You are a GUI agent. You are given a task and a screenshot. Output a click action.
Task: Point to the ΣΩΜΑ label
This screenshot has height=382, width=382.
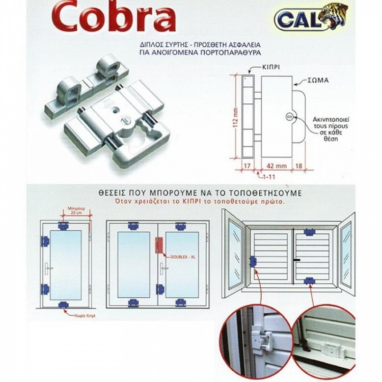click(318, 80)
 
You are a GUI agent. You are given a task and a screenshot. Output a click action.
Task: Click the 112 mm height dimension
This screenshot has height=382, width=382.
click(236, 117)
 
